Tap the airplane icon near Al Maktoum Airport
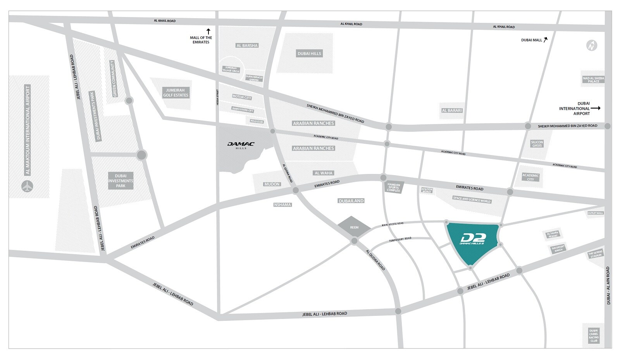[x=27, y=186]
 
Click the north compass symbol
[x=591, y=46]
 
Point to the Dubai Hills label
[x=309, y=53]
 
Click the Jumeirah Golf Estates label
[x=176, y=93]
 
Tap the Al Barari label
[x=452, y=110]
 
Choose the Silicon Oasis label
[x=537, y=144]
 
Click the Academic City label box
[x=530, y=177]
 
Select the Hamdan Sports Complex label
[x=393, y=188]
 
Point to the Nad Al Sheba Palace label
[x=593, y=79]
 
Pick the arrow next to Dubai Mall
[x=546, y=40]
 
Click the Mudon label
[x=272, y=184]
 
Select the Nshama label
[x=282, y=205]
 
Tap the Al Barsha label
[x=247, y=46]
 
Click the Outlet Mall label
[x=595, y=213]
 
